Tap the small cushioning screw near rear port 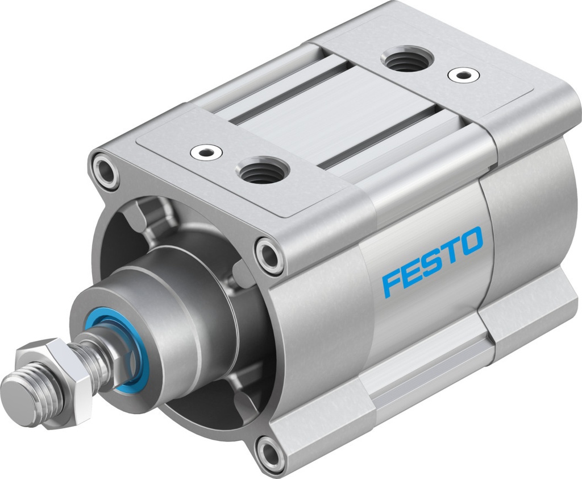pyautogui.click(x=460, y=75)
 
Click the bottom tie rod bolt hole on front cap pyautogui.click(x=270, y=453)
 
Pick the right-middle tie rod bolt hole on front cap pyautogui.click(x=269, y=254)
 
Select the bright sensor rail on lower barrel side pyautogui.click(x=426, y=375)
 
